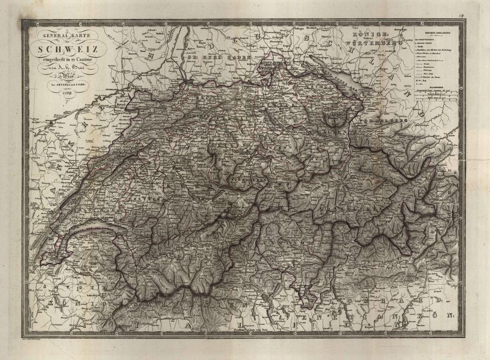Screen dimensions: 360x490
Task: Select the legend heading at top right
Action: click(437, 31)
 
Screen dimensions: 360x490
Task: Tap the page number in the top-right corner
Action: click(462, 16)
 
